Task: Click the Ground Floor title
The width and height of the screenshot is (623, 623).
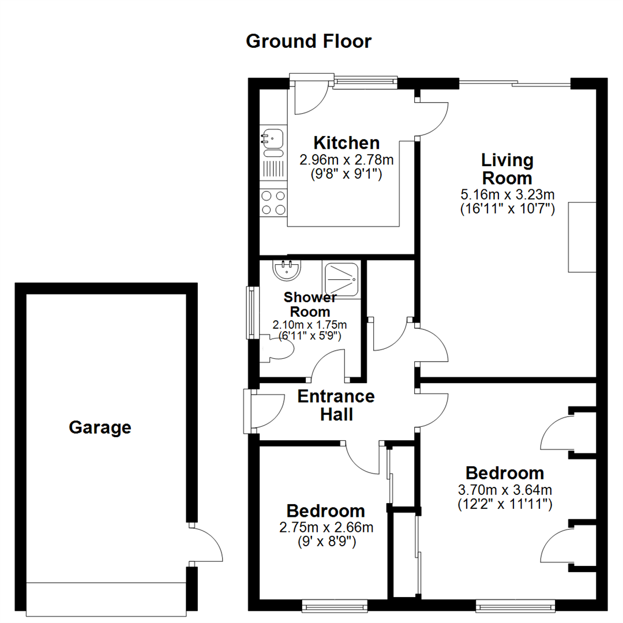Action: pos(309,42)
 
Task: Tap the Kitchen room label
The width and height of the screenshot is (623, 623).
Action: pos(346,142)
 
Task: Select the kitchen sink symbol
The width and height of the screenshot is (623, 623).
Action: pos(272,138)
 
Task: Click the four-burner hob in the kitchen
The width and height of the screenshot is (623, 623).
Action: pos(273,202)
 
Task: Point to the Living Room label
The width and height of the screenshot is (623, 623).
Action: pos(508,168)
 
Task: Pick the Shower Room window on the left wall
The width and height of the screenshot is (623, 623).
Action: pos(252,312)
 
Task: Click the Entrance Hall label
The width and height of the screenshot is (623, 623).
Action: pos(336,405)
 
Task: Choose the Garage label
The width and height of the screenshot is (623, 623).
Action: pos(100,428)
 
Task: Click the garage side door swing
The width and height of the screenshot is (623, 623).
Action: pos(205,545)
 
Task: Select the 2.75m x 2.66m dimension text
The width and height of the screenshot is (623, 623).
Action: pos(326,527)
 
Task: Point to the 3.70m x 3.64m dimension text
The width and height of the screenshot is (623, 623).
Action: pos(505,490)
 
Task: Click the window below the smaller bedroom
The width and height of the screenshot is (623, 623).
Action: pos(335,605)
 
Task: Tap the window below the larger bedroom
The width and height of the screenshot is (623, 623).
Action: pos(515,605)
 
